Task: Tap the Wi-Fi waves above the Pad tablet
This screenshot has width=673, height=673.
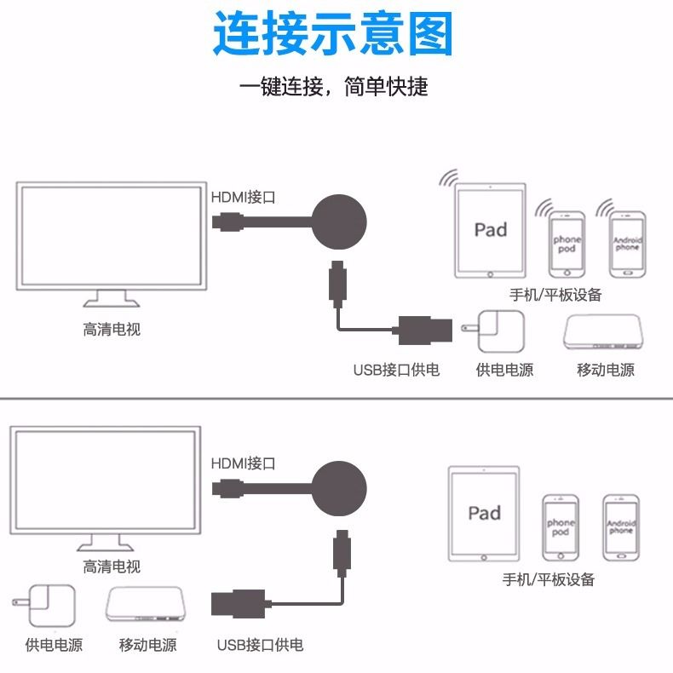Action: [446, 177]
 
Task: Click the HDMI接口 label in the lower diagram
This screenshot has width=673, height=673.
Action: [244, 463]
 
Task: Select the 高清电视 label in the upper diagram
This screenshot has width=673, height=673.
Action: [112, 329]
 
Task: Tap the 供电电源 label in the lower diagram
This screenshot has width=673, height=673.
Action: [54, 645]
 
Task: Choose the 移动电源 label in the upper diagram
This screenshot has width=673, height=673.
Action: [606, 370]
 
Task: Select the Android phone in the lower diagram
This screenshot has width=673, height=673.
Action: [621, 527]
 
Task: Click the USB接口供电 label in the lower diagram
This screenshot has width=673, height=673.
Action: [260, 645]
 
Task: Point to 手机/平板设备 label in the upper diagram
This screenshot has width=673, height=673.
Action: [555, 295]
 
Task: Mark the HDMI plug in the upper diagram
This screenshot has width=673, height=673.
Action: [227, 224]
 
